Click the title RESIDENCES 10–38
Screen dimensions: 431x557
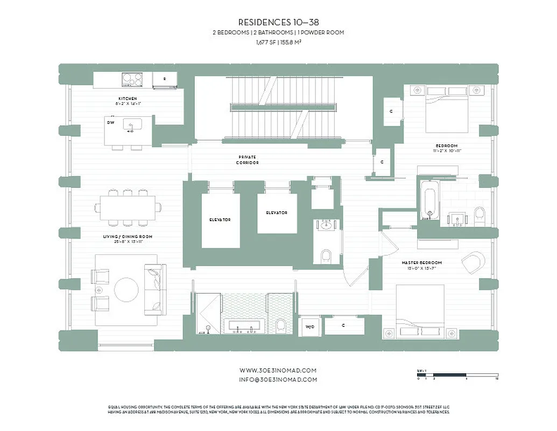[278, 23]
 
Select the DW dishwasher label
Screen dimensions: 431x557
[110, 122]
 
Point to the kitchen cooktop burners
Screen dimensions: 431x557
[132, 80]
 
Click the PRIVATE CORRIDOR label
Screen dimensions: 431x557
[249, 160]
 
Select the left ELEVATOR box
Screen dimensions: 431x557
[220, 220]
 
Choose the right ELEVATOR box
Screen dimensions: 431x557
[277, 213]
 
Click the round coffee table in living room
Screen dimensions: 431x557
[126, 290]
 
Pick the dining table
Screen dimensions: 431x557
[128, 207]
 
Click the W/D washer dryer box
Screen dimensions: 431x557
[310, 326]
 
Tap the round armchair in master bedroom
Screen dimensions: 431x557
[473, 262]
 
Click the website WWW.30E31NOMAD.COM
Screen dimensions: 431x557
[278, 371]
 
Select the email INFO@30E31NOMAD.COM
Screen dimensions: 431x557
[278, 379]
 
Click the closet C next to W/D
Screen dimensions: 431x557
[343, 325]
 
